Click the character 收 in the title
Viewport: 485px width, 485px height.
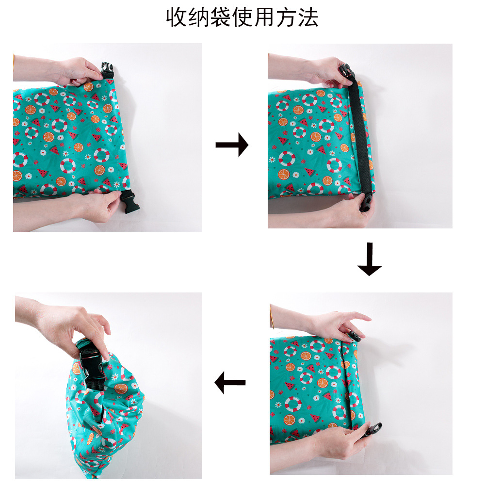(177, 17)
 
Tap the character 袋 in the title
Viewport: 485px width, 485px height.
(220, 17)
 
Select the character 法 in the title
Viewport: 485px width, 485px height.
(308, 17)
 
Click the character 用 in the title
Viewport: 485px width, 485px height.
(264, 17)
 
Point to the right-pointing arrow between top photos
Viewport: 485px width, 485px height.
(232, 145)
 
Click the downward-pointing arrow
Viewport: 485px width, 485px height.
(369, 259)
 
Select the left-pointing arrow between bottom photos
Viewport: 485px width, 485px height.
(230, 383)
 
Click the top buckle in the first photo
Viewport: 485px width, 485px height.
(107, 71)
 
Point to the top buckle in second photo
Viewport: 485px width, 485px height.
(347, 74)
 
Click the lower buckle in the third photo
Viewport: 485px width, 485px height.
(372, 429)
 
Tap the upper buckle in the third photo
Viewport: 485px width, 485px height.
(355, 336)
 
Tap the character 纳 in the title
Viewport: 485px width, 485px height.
(198, 17)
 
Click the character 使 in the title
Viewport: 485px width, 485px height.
(242, 17)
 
